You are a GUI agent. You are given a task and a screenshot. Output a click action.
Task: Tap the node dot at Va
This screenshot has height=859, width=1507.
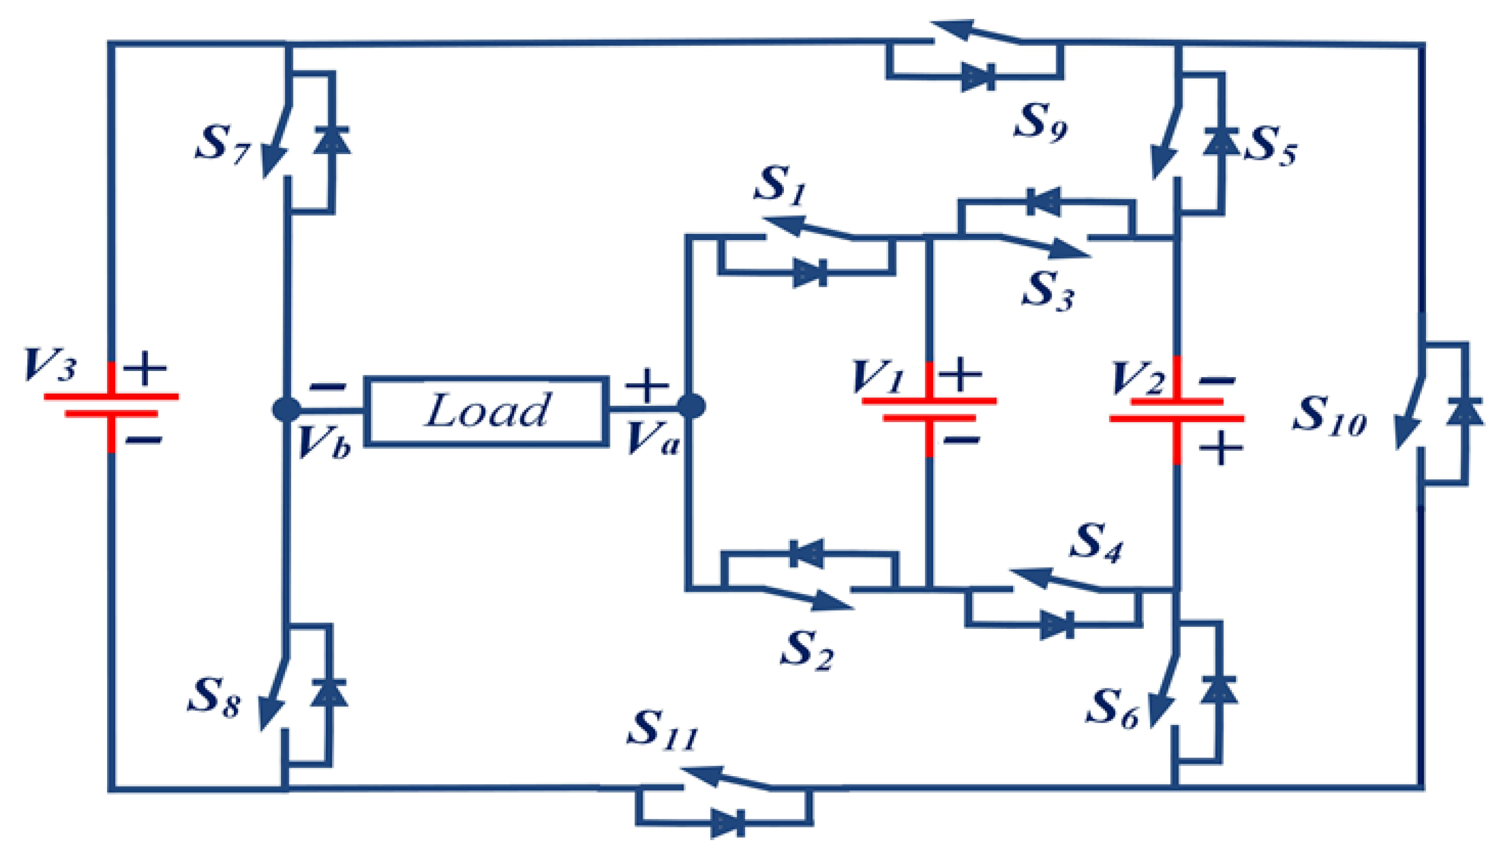pos(691,406)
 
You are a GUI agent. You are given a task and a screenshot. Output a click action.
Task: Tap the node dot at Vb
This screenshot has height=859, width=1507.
pos(286,409)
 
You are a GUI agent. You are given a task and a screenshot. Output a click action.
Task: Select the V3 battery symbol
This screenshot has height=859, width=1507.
pos(111,405)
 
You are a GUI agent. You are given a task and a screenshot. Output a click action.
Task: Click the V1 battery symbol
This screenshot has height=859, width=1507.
pos(928,409)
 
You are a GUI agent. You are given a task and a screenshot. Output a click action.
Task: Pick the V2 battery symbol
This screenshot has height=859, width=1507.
pos(1176,410)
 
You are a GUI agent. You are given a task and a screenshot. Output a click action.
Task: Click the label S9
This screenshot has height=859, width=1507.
pos(1040,122)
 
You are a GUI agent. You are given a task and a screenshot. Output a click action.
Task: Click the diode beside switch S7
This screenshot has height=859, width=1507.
pos(332,141)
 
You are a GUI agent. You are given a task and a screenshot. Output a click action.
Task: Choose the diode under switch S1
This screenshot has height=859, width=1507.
pos(810,272)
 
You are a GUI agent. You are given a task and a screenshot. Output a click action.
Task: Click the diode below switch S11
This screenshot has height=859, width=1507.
pos(728,824)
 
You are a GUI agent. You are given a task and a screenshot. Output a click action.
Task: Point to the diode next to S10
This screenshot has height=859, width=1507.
pos(1465,412)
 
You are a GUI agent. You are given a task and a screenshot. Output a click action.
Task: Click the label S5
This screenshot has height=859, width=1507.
pos(1271,145)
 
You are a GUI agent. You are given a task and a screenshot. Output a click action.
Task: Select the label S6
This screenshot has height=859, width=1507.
pos(1112,709)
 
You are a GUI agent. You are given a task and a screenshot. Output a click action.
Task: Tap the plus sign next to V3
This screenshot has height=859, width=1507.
pos(145,368)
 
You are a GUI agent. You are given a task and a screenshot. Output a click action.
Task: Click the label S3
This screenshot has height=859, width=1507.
pos(1047,290)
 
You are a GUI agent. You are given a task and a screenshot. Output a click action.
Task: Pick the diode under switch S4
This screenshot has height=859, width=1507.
pos(1056,625)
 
